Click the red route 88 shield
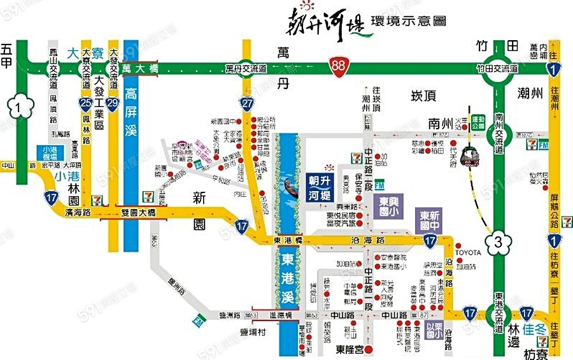338,66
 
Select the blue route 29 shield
113,102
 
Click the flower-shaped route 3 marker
499,241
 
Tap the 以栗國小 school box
435,329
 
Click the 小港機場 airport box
46,154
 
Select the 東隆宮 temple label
350,349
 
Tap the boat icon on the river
290,189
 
